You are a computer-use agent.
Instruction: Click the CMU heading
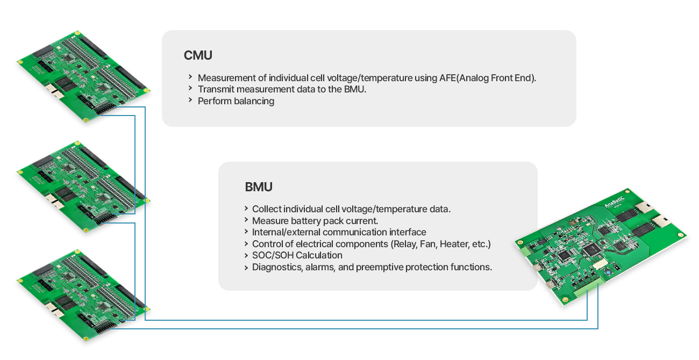[198, 55]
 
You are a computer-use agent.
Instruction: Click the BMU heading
[259, 187]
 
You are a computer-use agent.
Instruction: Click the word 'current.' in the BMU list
[361, 220]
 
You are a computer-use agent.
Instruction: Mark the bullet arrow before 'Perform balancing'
[190, 100]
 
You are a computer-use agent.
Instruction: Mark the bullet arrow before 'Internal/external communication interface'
[245, 232]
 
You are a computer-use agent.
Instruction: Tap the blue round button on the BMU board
[607, 273]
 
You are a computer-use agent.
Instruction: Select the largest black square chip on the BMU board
[590, 249]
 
